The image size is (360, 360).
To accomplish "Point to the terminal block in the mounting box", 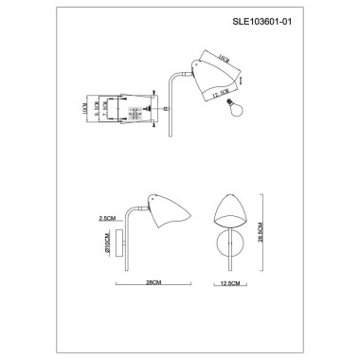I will pos(135,112).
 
